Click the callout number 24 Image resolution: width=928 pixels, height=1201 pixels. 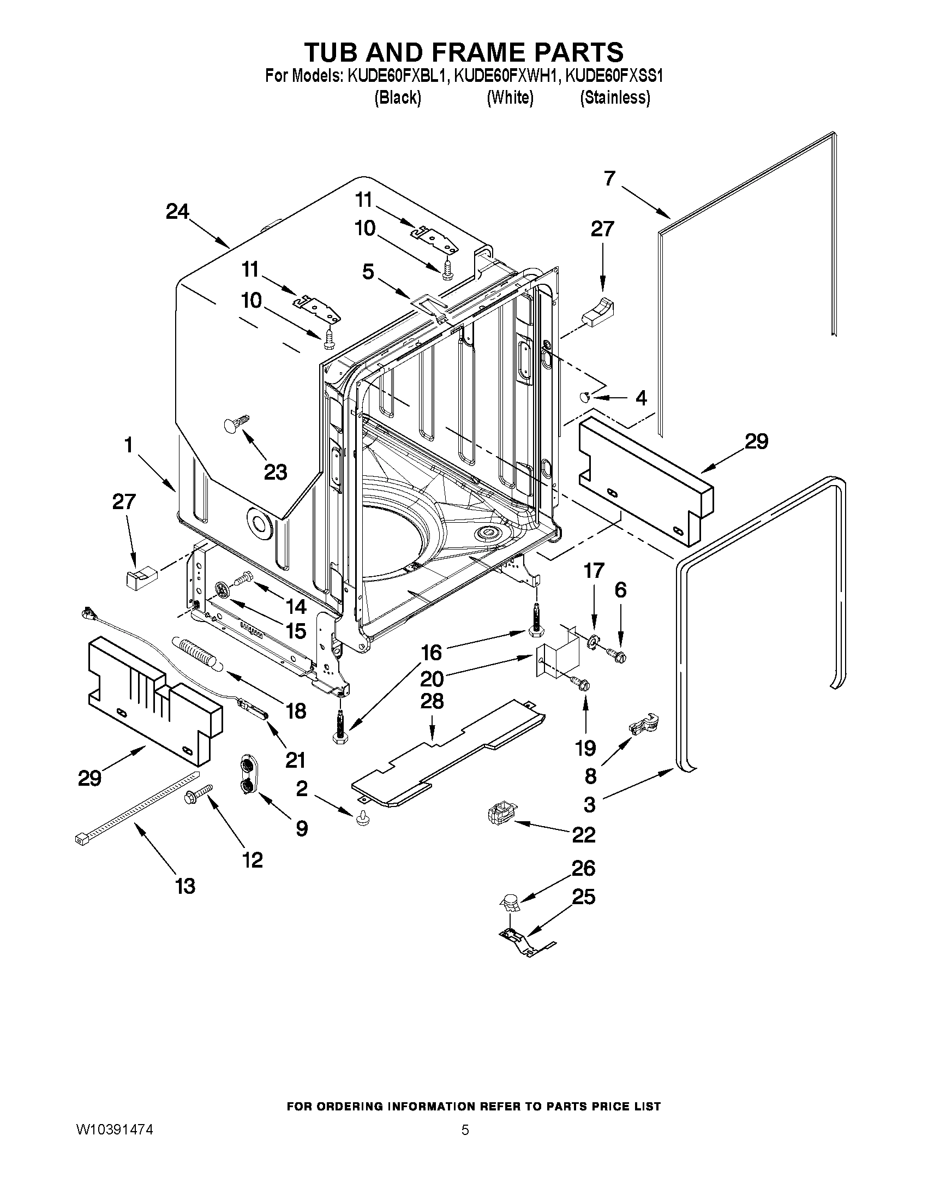point(177,212)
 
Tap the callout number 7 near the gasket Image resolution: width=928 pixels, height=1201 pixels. point(609,179)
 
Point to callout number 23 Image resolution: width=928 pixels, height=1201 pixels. point(276,472)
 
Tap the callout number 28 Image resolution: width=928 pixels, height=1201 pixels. point(432,701)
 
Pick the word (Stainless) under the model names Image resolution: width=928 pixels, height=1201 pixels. point(615,98)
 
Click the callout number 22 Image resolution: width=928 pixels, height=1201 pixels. point(584,834)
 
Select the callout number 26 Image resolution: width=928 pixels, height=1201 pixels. point(584,868)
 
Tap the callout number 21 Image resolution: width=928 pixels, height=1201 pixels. point(295,760)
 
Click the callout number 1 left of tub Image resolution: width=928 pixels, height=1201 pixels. point(129,444)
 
